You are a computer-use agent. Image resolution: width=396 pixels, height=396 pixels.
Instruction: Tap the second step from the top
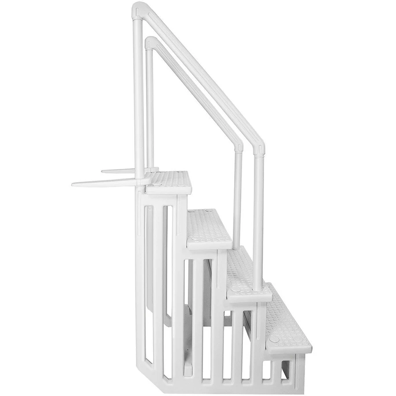tap(207, 224)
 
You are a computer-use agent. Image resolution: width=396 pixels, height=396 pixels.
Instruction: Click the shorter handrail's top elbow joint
tap(150, 42)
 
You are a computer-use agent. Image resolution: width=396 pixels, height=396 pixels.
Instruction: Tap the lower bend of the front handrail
tap(259, 147)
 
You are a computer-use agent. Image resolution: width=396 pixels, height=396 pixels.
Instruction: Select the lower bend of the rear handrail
tap(238, 145)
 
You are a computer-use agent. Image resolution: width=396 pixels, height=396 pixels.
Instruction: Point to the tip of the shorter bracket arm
tap(104, 171)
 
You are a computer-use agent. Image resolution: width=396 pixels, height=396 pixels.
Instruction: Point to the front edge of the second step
tap(209, 242)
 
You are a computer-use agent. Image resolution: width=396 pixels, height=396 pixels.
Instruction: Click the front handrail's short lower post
tap(258, 220)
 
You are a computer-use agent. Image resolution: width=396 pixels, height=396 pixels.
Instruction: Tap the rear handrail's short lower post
tap(238, 198)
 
